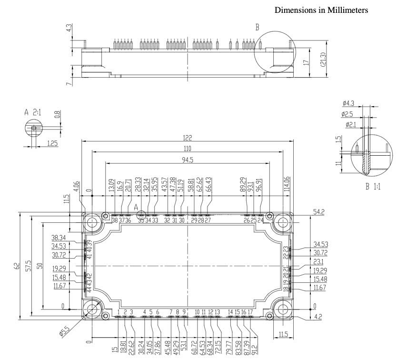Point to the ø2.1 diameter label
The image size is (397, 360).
(x=350, y=125)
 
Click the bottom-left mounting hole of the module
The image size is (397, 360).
(x=90, y=309)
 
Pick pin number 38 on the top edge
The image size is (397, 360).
(x=115, y=220)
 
